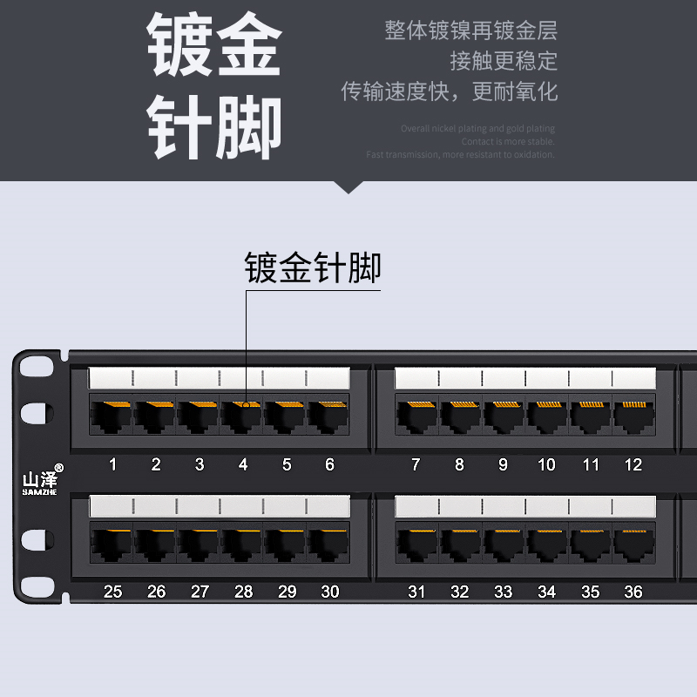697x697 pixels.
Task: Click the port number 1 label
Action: pos(112,464)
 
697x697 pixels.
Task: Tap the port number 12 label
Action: pos(633,464)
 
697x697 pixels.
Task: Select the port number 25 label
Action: pos(112,592)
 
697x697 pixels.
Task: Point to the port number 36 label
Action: pos(633,592)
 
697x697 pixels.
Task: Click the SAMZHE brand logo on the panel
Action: pos(38,482)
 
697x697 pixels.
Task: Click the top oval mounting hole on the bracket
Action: pos(32,367)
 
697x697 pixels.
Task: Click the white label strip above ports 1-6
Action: pos(219,378)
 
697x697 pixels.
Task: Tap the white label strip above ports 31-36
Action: pos(524,506)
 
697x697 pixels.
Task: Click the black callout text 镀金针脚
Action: pos(313,267)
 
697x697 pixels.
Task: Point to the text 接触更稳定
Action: pos(504,61)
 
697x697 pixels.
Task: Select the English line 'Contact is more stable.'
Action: pos(507,141)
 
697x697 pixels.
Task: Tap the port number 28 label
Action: pos(243,592)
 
